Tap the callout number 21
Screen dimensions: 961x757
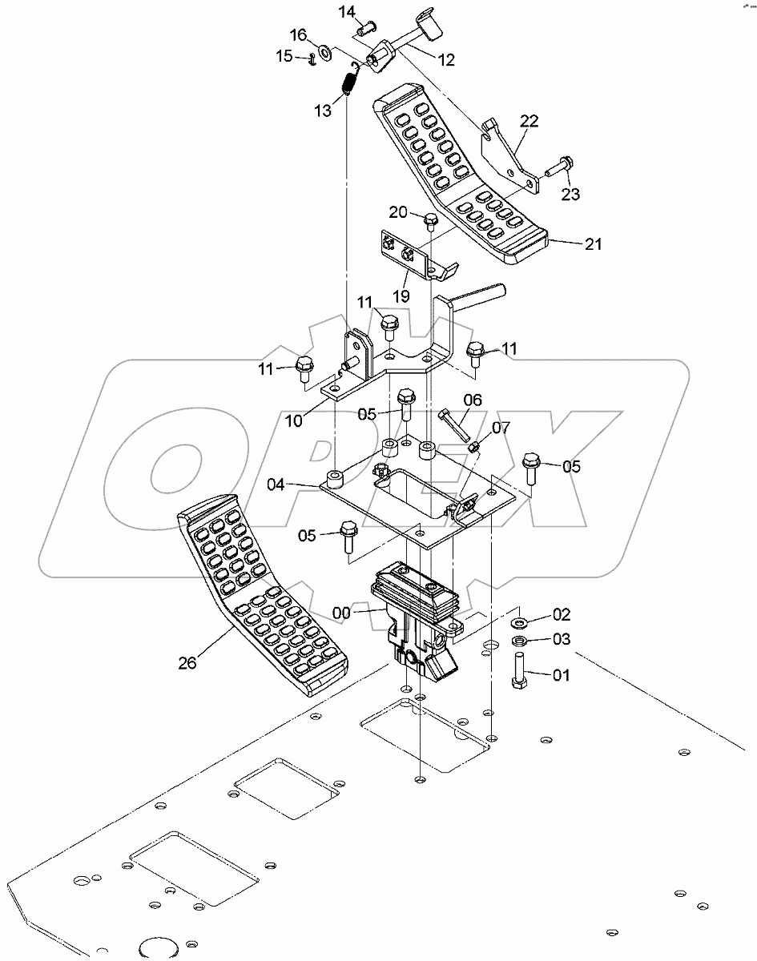593,244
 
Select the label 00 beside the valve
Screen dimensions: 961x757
342,613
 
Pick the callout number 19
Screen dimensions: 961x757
401,296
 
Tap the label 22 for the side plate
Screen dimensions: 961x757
529,121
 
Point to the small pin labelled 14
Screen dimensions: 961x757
368,30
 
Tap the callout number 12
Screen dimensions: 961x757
445,59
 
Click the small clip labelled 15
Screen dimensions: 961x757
308,57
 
